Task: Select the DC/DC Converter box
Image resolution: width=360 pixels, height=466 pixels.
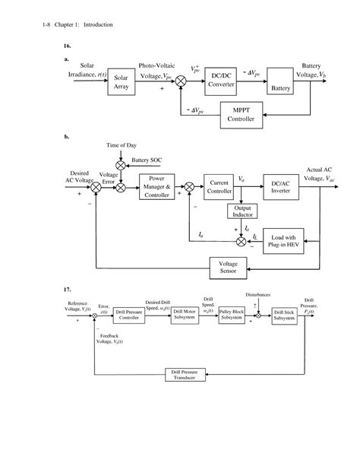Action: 222,80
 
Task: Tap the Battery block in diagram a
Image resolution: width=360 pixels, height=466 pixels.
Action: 281,83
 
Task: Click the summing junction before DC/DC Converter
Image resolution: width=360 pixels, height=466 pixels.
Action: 181,80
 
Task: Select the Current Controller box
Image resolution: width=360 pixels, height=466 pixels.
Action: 220,187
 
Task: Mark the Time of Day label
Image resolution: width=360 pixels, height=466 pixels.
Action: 121,144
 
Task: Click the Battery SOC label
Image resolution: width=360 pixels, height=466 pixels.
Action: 147,160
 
